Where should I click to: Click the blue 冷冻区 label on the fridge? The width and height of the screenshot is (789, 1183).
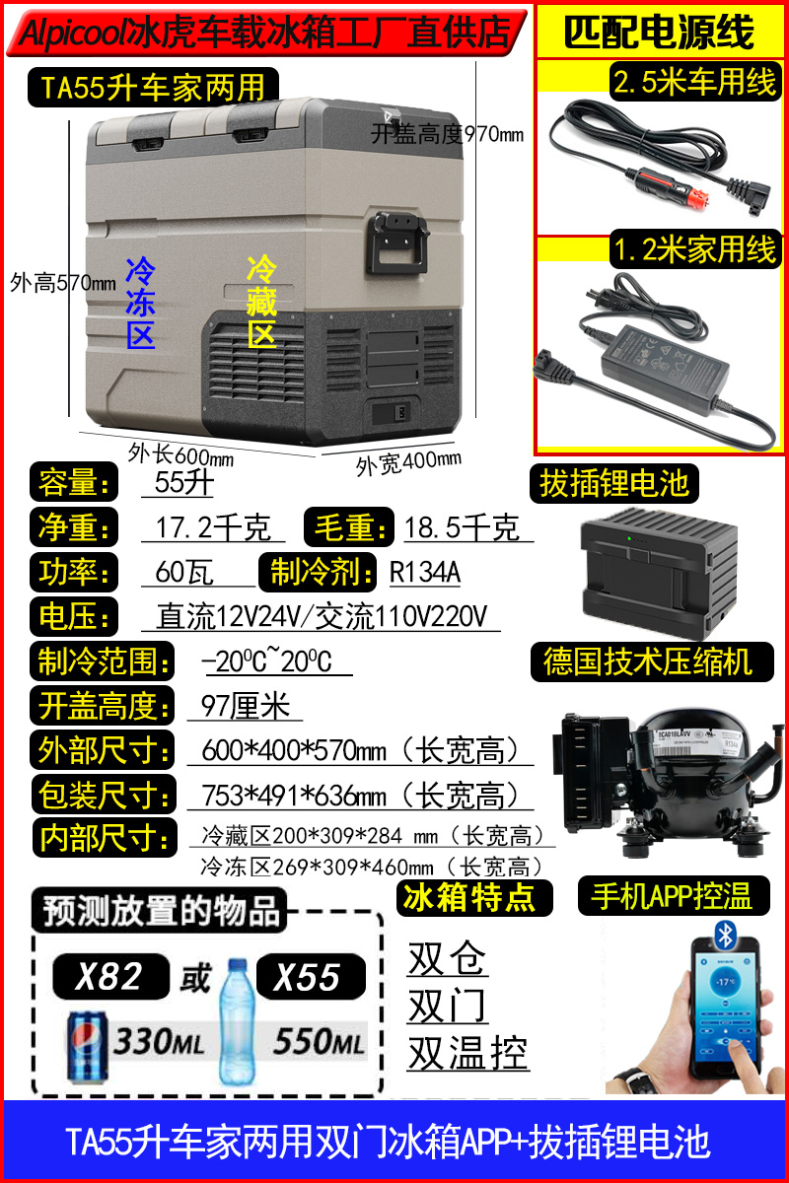[141, 304]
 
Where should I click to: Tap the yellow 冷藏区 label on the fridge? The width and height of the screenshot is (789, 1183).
[261, 301]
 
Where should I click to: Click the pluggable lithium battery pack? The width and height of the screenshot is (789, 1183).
[659, 572]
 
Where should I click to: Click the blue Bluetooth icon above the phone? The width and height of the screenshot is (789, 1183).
[724, 935]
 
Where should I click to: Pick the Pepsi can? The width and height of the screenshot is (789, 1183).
[87, 1047]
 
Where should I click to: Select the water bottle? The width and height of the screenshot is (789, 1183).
[238, 1022]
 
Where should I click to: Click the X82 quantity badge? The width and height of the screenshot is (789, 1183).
[111, 977]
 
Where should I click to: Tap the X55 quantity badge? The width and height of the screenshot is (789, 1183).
[311, 977]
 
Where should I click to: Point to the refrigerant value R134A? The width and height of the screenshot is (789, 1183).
[425, 572]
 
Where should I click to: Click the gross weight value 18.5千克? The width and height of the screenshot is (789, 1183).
[462, 527]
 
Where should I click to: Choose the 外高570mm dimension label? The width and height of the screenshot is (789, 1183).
[63, 283]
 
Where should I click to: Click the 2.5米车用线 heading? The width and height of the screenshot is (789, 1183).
[695, 82]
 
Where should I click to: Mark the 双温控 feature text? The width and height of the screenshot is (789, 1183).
[468, 1053]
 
